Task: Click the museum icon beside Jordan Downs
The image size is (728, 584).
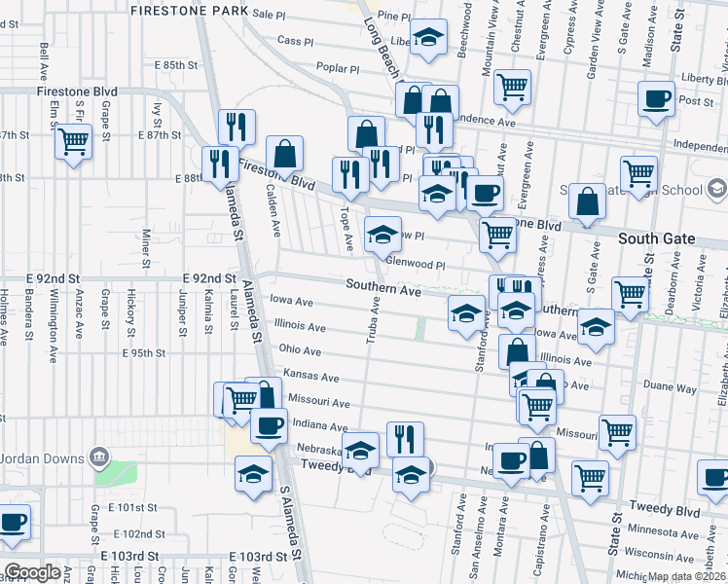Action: [x=97, y=457]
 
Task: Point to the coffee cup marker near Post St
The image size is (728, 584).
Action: [x=656, y=99]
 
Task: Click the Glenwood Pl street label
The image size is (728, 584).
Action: [x=415, y=263]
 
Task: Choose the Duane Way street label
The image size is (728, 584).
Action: [x=670, y=386]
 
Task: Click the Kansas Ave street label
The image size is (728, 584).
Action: [x=310, y=376]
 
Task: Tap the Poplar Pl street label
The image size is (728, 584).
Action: [x=338, y=68]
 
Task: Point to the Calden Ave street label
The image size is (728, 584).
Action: [x=275, y=213]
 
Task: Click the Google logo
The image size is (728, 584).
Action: [x=32, y=572]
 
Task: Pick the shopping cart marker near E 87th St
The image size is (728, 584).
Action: [x=73, y=143]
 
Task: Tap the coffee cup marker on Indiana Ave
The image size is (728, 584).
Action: [x=269, y=425]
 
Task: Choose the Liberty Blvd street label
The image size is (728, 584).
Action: [x=704, y=78]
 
